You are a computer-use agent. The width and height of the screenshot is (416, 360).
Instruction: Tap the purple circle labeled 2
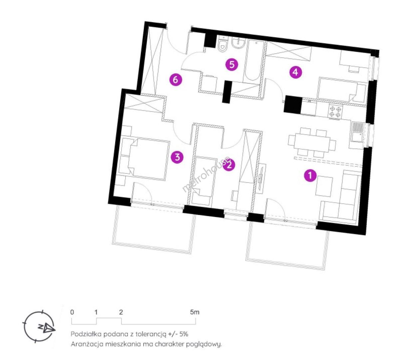tap(229, 165)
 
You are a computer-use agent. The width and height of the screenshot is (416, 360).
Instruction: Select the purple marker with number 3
tap(177, 157)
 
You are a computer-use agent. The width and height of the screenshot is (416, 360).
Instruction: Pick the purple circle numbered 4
tap(295, 72)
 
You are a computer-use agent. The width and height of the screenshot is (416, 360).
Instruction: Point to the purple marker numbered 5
tap(232, 65)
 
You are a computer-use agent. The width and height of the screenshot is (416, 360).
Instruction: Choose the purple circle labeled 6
tap(176, 80)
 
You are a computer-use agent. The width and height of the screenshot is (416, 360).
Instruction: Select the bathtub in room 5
tap(253, 61)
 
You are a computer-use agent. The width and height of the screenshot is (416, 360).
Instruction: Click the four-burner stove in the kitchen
tap(335, 112)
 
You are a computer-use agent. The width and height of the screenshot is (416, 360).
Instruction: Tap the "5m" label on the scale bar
tap(195, 312)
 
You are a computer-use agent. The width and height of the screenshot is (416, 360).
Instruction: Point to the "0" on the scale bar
tap(72, 312)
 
